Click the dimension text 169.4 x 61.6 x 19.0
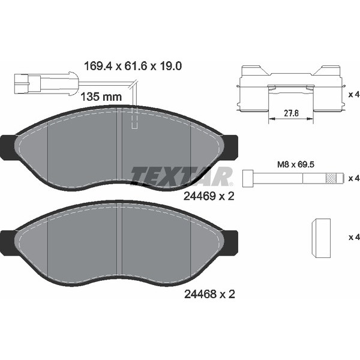click(x=133, y=66)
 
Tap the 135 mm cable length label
click(x=101, y=97)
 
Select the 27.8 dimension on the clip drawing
click(x=291, y=113)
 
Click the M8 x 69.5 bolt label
click(x=296, y=164)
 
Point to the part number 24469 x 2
click(x=209, y=196)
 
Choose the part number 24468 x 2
click(x=209, y=294)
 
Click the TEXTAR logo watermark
click(x=182, y=176)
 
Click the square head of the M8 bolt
click(x=248, y=178)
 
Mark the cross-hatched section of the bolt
click(x=331, y=178)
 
